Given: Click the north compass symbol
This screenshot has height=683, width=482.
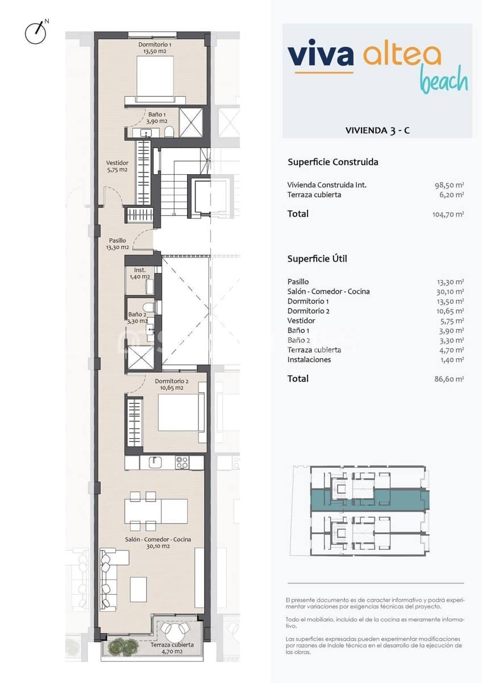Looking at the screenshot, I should coord(35,32).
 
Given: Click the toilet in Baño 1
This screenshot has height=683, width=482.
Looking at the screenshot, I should coord(169,133).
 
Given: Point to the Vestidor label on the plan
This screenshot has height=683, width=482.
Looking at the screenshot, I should coord(117,166).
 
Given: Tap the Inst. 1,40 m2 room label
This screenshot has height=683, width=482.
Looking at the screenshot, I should coord(140,273).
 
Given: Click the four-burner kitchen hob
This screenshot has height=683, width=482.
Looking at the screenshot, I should coord(182,462).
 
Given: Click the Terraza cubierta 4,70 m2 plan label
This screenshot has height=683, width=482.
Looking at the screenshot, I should coord(172,648).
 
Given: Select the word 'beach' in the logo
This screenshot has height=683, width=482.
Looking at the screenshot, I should coord(444,80).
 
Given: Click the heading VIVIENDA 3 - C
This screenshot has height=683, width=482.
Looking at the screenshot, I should coord(377,130).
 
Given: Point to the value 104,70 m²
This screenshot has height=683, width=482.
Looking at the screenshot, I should coord(448,215).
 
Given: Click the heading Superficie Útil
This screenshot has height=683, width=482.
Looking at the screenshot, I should coord(317,258).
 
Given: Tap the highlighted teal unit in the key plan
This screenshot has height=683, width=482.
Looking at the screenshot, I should coord(369,499).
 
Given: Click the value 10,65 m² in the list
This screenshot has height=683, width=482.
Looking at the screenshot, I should coord(450,311).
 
